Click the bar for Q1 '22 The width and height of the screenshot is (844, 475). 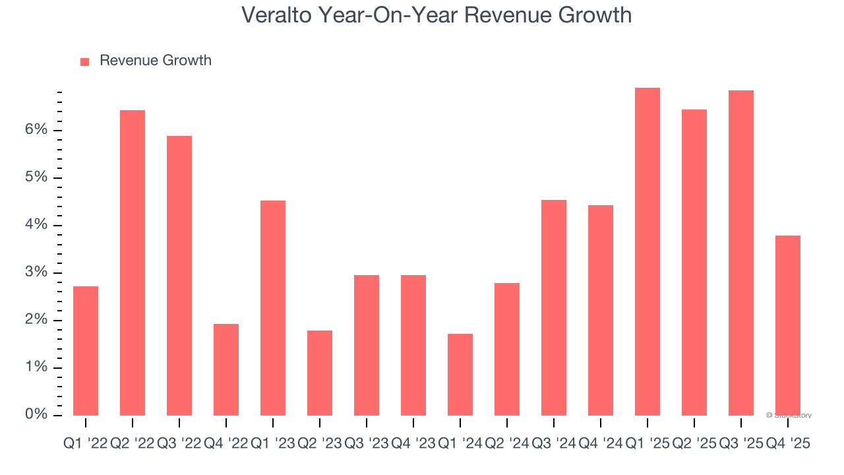click(86, 350)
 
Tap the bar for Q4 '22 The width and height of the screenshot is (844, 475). click(226, 369)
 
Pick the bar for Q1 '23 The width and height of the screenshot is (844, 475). click(273, 307)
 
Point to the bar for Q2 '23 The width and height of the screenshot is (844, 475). click(320, 373)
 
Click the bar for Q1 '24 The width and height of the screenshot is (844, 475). click(460, 374)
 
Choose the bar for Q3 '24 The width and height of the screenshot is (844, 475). click(554, 307)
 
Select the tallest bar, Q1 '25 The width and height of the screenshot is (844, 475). click(648, 251)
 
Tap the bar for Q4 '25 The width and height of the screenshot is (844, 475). click(788, 325)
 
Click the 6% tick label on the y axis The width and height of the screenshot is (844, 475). click(37, 130)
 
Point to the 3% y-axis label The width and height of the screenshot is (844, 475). click(37, 272)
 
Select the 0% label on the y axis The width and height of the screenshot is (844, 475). click(37, 415)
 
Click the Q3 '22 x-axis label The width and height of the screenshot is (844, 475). click(179, 444)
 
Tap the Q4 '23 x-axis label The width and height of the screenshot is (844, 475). click(413, 444)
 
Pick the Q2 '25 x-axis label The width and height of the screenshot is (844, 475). click(694, 444)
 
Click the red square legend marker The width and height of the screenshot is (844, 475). click(84, 61)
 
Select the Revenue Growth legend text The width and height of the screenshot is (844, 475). click(156, 61)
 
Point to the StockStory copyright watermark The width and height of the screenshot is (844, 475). click(789, 416)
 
